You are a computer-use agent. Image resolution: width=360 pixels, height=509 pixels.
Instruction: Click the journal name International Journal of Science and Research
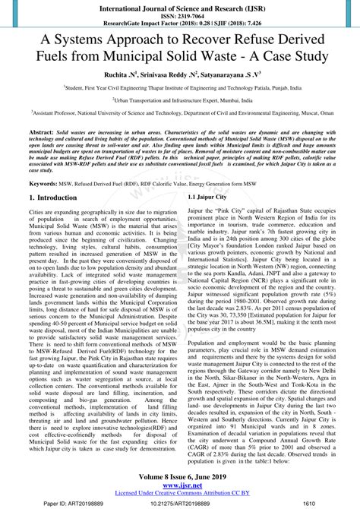click(179, 5)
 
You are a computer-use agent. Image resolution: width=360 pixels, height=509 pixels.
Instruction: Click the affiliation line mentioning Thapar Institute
click(179, 88)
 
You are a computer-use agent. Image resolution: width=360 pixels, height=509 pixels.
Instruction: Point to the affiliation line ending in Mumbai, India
click(179, 100)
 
